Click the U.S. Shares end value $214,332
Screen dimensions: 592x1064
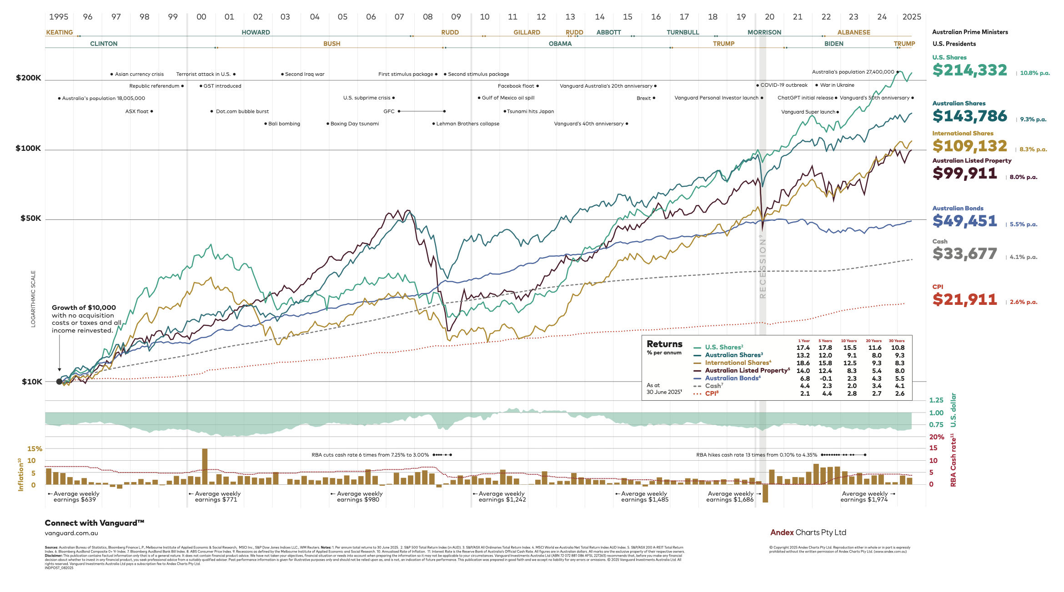969,70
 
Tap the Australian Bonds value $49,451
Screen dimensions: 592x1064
964,221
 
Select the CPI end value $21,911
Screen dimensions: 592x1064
964,299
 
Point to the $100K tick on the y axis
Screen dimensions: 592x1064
28,149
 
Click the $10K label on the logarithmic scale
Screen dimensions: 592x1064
32,382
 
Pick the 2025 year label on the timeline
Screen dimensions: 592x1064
911,17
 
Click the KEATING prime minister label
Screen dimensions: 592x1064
59,32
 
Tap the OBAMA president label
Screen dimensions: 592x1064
560,44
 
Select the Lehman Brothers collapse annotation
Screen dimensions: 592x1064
467,124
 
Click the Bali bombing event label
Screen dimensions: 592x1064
284,124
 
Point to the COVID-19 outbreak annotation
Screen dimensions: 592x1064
783,85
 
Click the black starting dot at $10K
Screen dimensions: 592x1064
59,382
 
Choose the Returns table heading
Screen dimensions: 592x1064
664,344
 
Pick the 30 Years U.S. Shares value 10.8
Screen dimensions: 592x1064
898,348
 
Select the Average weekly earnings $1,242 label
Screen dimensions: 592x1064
502,497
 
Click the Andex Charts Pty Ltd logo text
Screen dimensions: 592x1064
808,532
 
